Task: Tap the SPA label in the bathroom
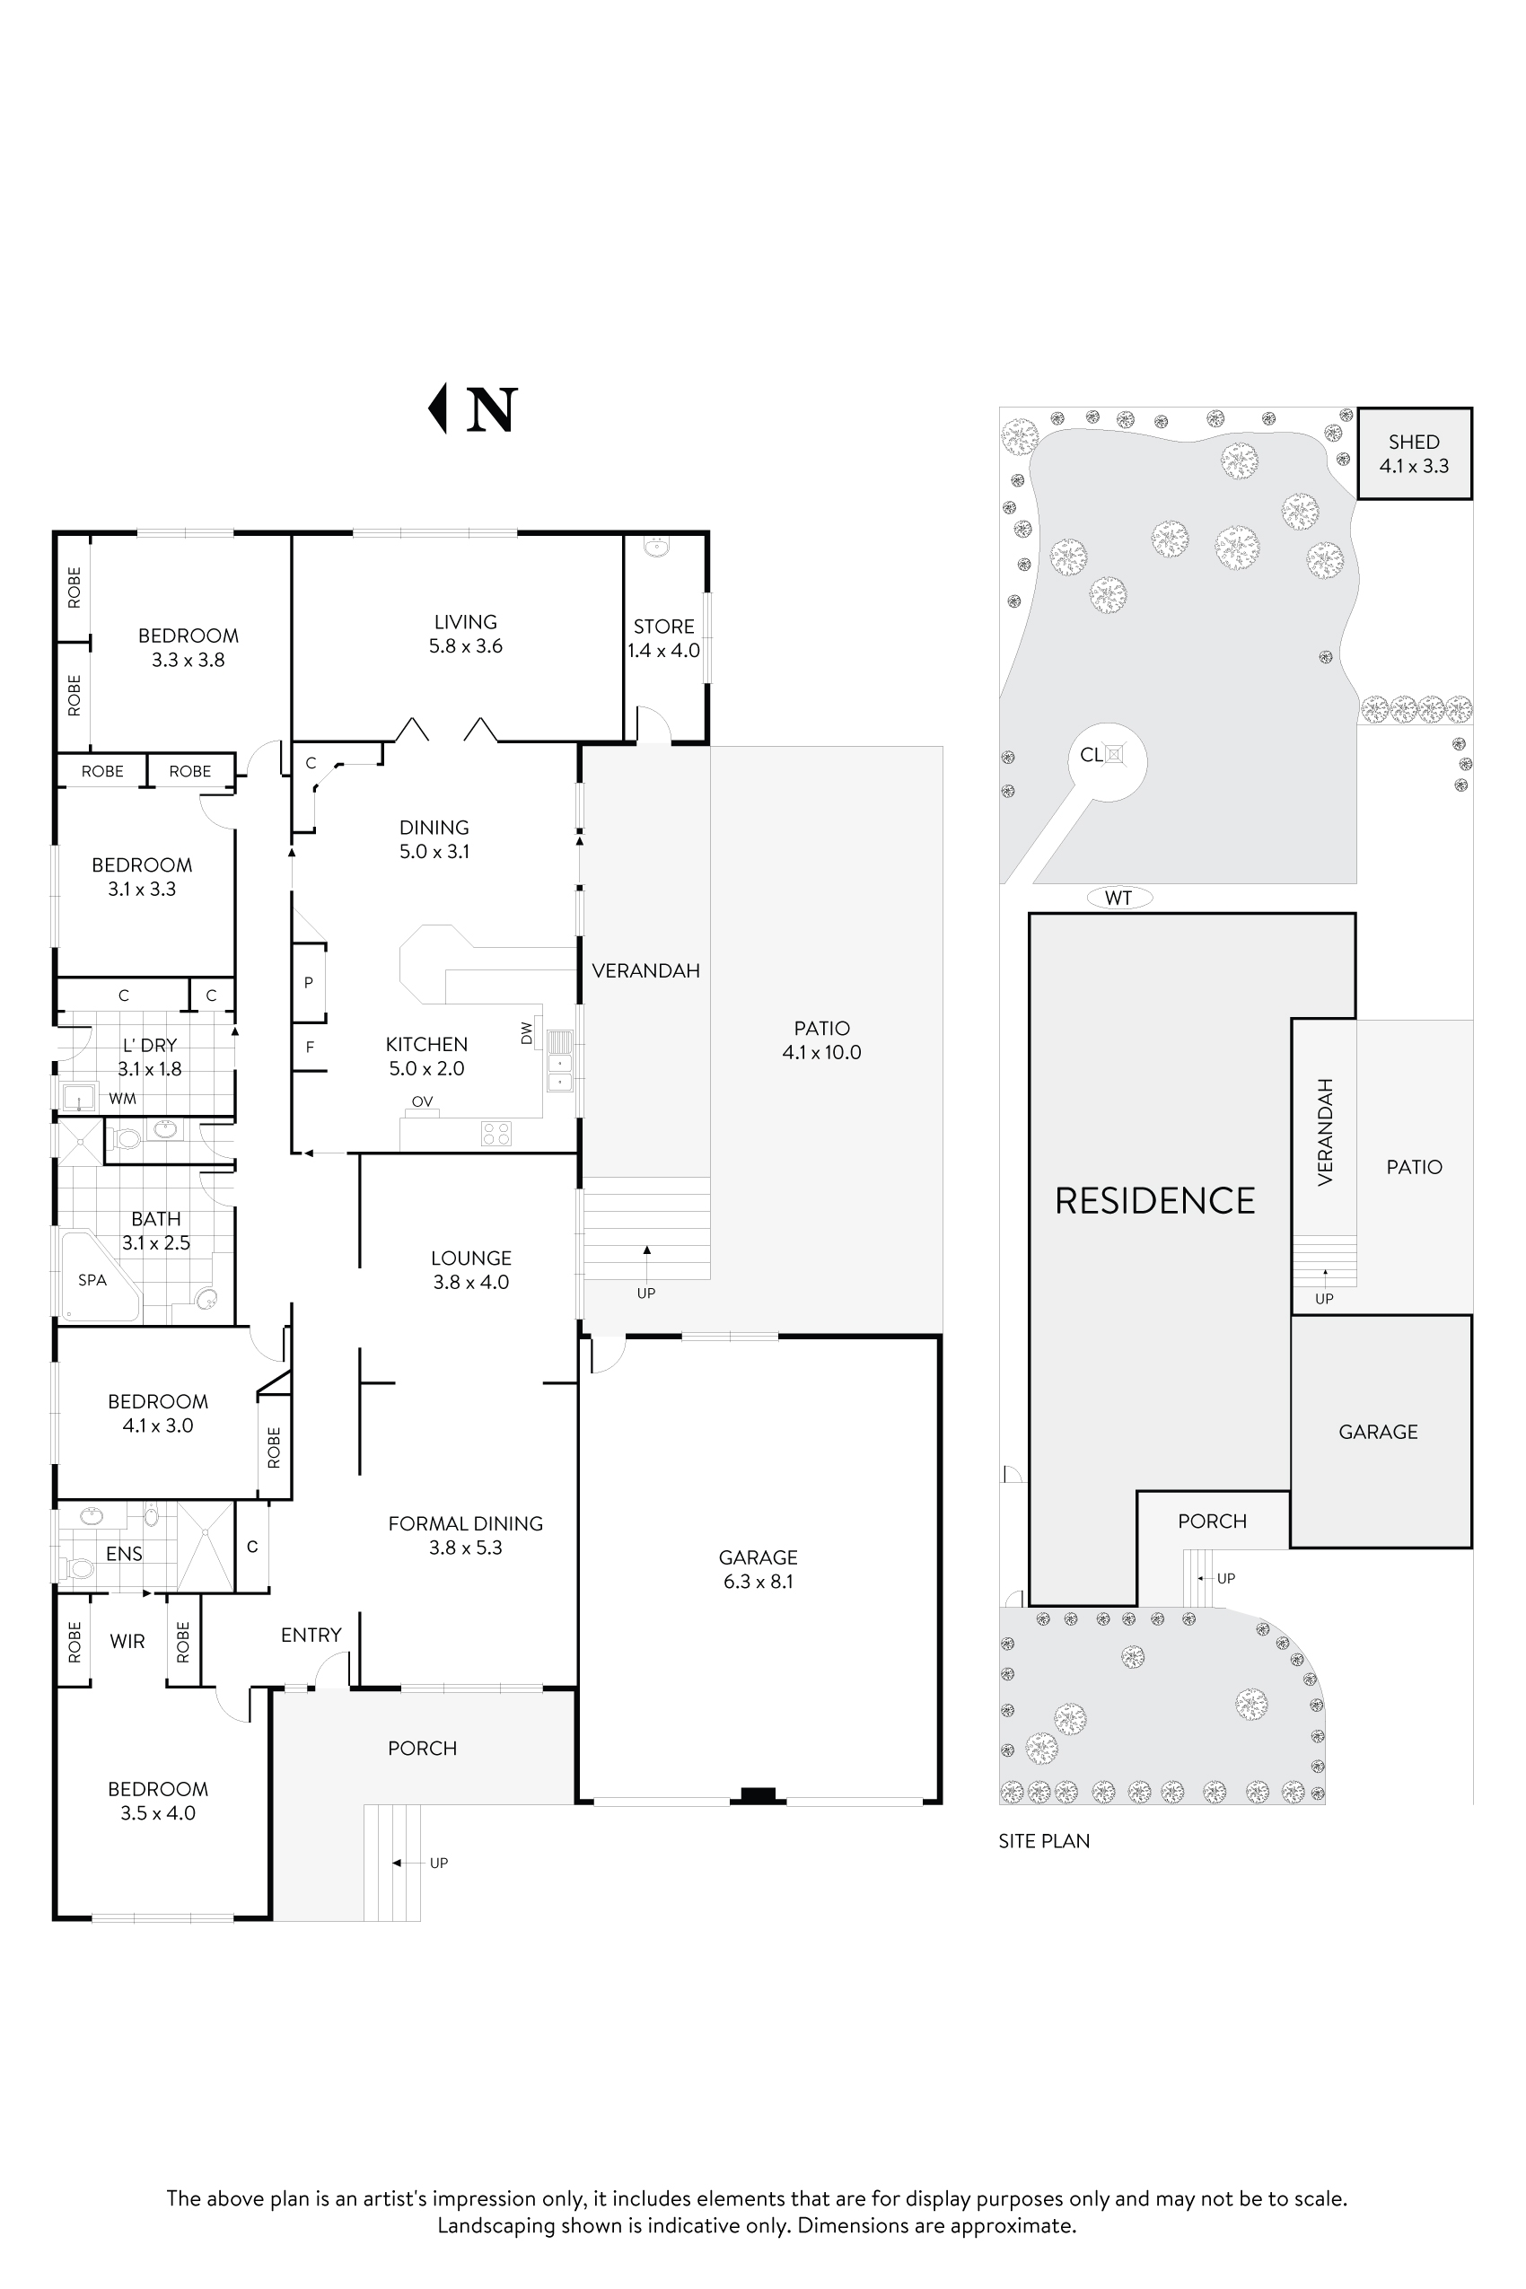[92, 1280]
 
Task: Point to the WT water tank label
[1118, 898]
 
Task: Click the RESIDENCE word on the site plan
[1155, 1201]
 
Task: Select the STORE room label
[663, 627]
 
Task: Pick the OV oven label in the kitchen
[421, 1101]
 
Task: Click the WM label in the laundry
[123, 1099]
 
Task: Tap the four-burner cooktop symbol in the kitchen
[496, 1133]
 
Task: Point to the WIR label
[127, 1642]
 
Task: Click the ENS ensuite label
[124, 1554]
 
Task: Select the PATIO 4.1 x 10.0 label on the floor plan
[821, 1039]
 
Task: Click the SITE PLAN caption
[1043, 1841]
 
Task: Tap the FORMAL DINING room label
[465, 1524]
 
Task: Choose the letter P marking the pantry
[309, 983]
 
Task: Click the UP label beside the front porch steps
[439, 1863]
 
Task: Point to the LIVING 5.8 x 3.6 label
[465, 634]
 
